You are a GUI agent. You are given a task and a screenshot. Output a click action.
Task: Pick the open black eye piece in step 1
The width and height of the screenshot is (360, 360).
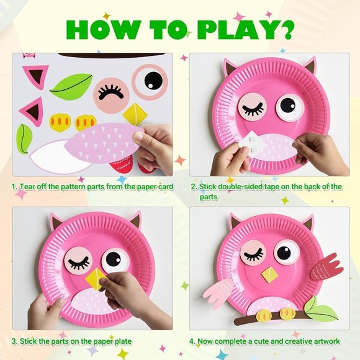click(150, 82)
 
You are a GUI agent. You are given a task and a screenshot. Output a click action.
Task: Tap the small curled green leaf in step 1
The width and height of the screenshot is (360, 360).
click(24, 138)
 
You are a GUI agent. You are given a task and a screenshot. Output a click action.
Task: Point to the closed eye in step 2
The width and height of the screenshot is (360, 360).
click(252, 107)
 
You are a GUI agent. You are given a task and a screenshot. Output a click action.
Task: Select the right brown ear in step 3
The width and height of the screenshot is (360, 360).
click(135, 220)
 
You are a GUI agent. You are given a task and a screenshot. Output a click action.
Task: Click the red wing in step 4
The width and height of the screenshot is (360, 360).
click(326, 267)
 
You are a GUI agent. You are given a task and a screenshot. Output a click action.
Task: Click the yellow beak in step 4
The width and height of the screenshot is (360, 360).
click(269, 274)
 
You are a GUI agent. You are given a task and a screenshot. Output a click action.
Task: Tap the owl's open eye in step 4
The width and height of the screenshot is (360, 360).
click(286, 252)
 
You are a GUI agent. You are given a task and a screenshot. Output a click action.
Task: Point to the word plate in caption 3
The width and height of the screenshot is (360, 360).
click(124, 341)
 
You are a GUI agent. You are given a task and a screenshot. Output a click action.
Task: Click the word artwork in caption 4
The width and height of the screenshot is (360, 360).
click(326, 341)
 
